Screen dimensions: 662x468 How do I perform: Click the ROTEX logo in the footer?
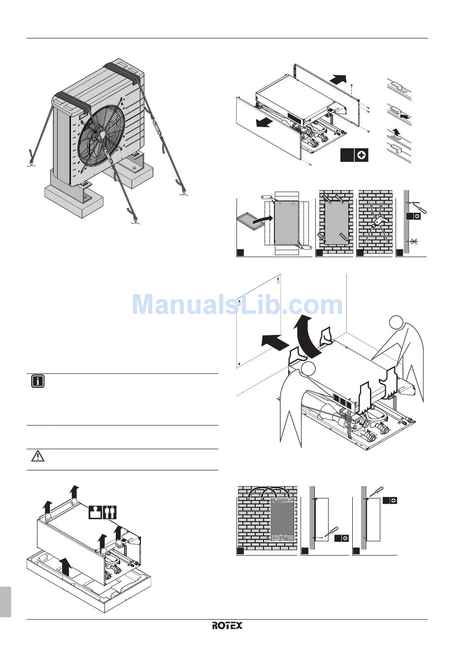point(227,626)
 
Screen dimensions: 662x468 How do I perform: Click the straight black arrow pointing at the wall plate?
point(274,341)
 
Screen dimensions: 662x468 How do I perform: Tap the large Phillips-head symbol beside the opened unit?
point(362,155)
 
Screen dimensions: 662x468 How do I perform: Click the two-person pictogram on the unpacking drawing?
point(110,512)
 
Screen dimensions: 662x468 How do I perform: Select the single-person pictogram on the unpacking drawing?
point(95,512)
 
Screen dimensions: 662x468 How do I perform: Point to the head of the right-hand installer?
point(397,323)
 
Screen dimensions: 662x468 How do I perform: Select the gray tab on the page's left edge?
point(5,601)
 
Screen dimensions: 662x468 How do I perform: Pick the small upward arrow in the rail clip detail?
point(395,132)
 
